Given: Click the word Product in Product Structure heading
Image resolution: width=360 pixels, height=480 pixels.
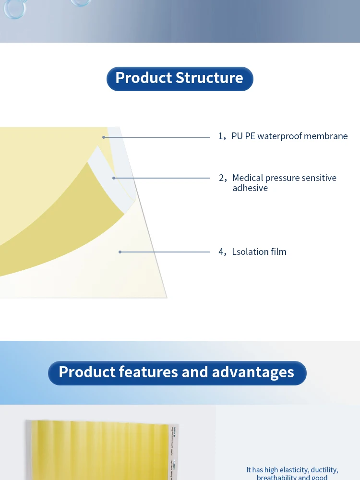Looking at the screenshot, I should pos(143,78).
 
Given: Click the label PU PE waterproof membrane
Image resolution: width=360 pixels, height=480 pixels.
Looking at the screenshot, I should pos(289,136).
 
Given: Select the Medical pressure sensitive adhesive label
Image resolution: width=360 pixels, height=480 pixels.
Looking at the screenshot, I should pos(284,183).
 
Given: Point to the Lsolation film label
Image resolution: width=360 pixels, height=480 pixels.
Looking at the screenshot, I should pos(259,252).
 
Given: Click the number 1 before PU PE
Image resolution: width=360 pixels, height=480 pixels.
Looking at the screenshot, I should pos(221,136).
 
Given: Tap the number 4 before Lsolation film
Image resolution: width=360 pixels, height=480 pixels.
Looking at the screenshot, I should pos(221,252).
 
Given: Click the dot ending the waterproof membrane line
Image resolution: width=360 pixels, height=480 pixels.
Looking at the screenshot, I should pos(104,137).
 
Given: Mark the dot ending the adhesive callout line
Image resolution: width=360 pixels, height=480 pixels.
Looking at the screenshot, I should pos(114,178).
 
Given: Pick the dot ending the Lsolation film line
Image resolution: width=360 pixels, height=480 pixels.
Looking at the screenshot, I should pos(120,252).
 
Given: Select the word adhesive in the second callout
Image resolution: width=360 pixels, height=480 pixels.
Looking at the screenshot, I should pos(250,188).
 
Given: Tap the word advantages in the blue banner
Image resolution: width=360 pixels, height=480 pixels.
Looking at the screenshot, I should pos(253,372).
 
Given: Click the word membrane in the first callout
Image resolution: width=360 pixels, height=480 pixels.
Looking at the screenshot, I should pos(326,136).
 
